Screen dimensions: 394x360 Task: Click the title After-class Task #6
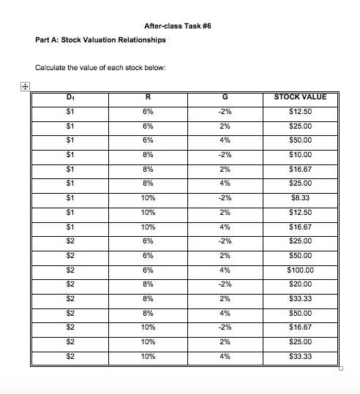tap(178, 26)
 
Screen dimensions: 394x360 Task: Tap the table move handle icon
tap(25, 87)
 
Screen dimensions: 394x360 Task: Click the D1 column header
tap(70, 97)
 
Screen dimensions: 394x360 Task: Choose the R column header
tap(148, 97)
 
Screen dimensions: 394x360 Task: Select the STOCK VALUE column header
tap(301, 97)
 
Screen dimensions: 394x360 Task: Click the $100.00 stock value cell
tap(301, 270)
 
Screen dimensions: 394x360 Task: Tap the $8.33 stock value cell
tap(301, 197)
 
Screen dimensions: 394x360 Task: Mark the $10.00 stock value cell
tap(301, 154)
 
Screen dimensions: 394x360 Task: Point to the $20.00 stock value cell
tap(301, 284)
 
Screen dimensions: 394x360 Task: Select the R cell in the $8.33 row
tap(148, 197)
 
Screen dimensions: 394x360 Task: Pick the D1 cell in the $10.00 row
tap(70, 154)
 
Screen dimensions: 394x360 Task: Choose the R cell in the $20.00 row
tap(148, 284)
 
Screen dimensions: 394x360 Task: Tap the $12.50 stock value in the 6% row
tap(301, 111)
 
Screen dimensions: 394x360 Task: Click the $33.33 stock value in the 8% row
tap(301, 298)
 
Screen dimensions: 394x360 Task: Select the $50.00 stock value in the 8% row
tap(301, 313)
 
